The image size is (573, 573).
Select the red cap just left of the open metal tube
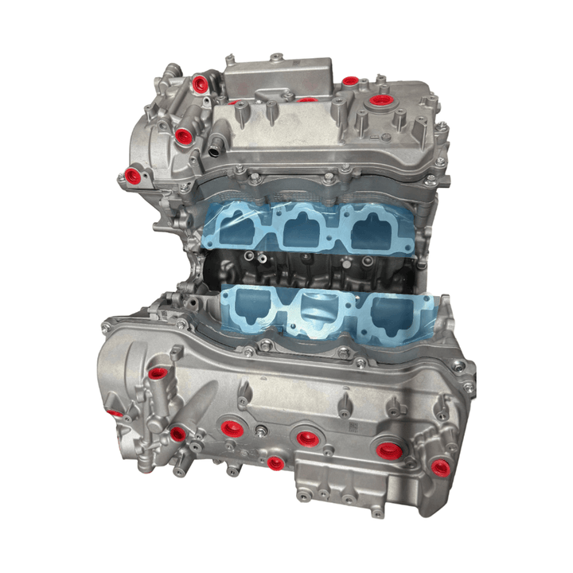click(x=183, y=134)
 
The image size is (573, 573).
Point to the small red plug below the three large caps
click(x=275, y=462)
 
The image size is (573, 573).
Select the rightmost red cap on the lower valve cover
click(x=439, y=466)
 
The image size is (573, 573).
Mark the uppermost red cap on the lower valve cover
click(x=156, y=372)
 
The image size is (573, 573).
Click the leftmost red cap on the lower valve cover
click(x=118, y=413)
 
